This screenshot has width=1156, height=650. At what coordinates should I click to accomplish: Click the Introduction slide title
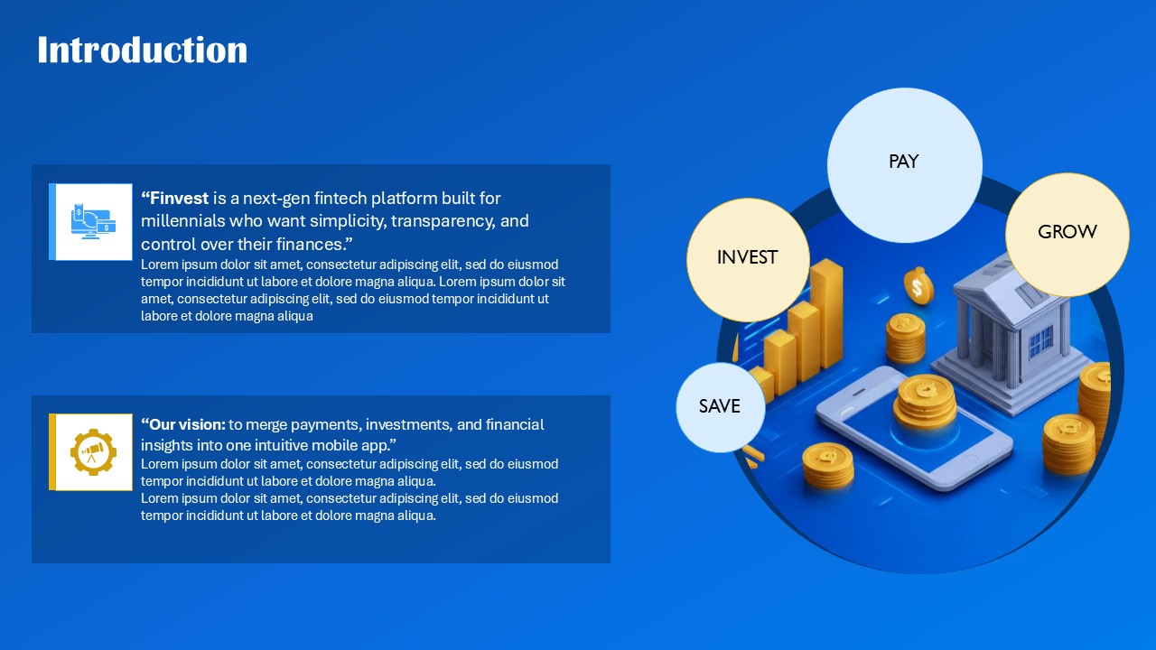pos(142,51)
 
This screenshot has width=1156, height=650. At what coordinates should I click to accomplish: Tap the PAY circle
pos(904,164)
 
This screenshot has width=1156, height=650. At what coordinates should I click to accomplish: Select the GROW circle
pos(1067,234)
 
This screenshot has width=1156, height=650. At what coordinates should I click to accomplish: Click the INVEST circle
pos(747,260)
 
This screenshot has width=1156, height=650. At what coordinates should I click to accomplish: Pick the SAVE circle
pos(720,408)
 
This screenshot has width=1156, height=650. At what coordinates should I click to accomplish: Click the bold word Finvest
pos(179,199)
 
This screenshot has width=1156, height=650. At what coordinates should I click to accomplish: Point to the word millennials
pos(185,221)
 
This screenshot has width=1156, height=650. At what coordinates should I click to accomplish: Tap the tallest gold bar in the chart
pos(826,311)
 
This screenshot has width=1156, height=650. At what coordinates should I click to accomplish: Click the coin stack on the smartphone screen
pos(924,401)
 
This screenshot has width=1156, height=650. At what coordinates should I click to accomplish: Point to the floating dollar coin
pos(918,287)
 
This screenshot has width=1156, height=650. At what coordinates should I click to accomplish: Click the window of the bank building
pos(1040,341)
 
